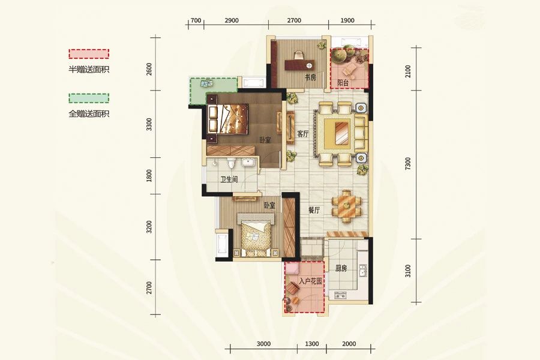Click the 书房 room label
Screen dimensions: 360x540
tap(310, 78)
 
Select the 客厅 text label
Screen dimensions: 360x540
tap(303, 134)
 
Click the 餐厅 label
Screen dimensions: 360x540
tap(314, 211)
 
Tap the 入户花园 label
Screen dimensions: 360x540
tap(311, 280)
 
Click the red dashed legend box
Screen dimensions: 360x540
tap(89, 54)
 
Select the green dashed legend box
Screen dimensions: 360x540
tap(89, 98)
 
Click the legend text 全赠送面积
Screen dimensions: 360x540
tap(89, 113)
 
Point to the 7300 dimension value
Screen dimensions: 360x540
tap(408, 163)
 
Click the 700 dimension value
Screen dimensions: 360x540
tap(195, 20)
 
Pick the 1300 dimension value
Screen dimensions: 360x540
tap(312, 344)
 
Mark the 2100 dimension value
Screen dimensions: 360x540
tap(408, 72)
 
